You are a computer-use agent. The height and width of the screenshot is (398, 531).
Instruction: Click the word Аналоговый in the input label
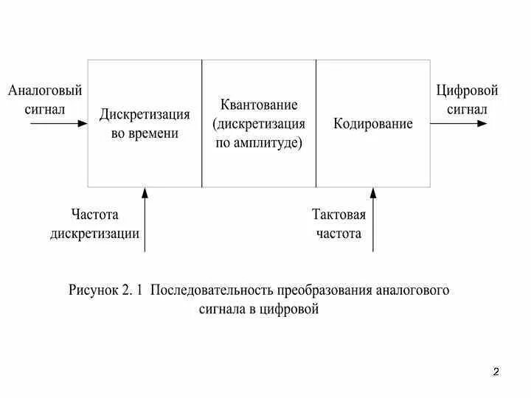45,91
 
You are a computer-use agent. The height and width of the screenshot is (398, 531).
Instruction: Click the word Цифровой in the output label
467,91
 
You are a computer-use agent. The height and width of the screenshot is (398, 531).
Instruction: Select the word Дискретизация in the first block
145,115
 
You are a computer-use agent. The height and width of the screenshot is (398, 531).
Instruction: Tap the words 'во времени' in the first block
145,134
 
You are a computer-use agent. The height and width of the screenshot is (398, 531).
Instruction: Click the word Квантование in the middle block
259,105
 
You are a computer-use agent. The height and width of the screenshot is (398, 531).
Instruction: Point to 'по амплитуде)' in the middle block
259,143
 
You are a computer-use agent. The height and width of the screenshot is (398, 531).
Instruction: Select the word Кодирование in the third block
373,124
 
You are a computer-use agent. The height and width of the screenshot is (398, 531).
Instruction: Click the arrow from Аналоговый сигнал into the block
59,124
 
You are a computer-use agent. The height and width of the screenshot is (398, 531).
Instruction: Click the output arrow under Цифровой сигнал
459,124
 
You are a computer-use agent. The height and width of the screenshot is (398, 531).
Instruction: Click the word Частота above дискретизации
95,214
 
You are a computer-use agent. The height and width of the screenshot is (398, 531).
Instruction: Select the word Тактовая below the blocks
339,214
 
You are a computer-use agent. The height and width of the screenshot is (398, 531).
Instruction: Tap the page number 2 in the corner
496,371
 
